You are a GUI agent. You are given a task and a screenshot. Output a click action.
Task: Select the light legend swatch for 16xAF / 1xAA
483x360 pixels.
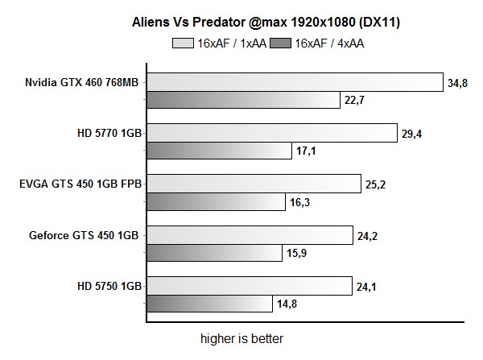[x=184, y=43]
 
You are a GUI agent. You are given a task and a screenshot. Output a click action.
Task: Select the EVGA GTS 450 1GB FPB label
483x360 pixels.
[x=80, y=184]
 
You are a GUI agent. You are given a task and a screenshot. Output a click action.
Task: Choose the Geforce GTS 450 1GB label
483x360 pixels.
[x=85, y=236]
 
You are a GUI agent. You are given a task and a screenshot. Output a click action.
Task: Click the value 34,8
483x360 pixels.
[x=456, y=82]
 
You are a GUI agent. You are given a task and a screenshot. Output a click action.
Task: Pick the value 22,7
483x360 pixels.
[x=353, y=101]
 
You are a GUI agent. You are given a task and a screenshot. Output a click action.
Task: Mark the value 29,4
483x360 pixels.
[x=411, y=134]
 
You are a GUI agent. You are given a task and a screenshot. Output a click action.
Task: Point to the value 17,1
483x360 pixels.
[x=304, y=151]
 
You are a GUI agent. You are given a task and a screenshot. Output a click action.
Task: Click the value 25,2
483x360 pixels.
[x=374, y=184]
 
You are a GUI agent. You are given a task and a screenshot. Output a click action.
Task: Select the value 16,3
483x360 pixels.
[x=298, y=203]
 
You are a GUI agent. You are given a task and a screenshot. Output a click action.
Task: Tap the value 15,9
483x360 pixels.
[x=295, y=254]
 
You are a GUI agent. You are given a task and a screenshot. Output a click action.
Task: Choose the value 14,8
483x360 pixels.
[x=284, y=305]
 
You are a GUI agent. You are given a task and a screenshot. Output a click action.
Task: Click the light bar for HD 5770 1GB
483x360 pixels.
[x=271, y=133]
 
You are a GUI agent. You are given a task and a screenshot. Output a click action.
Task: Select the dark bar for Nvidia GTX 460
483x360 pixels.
[x=242, y=100]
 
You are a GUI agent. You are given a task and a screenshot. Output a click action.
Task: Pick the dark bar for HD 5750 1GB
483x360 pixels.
[x=208, y=304]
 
